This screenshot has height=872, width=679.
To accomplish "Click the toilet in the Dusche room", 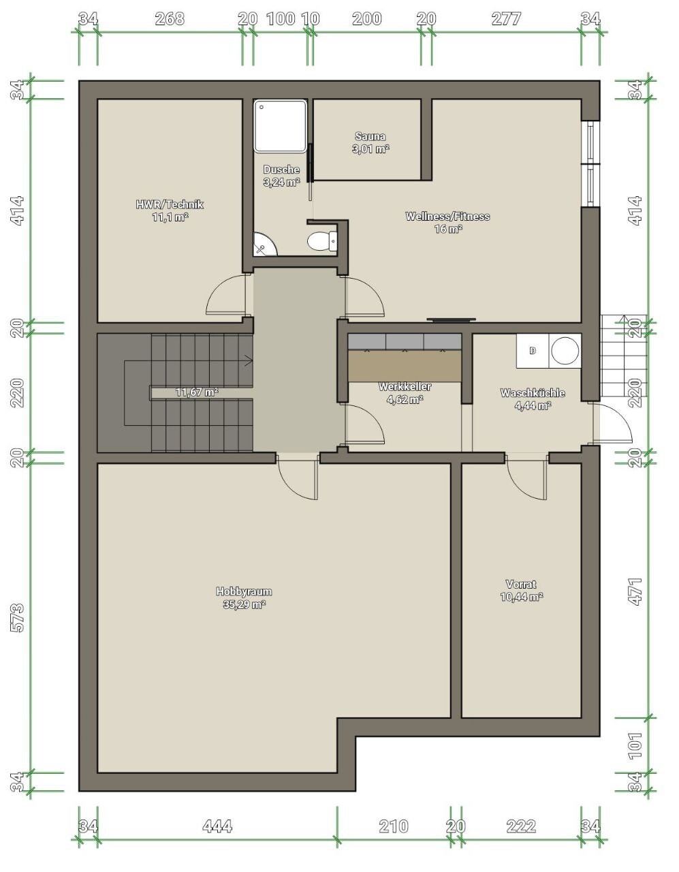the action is [322, 240].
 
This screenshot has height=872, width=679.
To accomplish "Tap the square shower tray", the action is [281, 126].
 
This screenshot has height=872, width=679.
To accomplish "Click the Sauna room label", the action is [371, 143].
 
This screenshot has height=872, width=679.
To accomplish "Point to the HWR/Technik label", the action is [170, 211].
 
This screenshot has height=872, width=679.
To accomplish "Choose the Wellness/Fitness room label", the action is [447, 223].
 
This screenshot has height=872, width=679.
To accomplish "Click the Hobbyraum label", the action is [244, 597].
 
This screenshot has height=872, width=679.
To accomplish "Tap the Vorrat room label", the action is [522, 590].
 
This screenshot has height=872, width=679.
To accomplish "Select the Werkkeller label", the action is [405, 393].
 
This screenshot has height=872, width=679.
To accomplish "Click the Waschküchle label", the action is [533, 399].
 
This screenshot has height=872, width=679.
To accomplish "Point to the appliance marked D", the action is [532, 351].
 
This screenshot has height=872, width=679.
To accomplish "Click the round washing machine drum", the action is [565, 350].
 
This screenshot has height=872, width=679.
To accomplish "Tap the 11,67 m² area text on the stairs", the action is [197, 392].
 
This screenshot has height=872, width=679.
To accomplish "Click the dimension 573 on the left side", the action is [18, 618].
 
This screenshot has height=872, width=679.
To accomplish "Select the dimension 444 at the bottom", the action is [217, 826].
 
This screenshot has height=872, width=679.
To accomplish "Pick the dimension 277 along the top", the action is [506, 19].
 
